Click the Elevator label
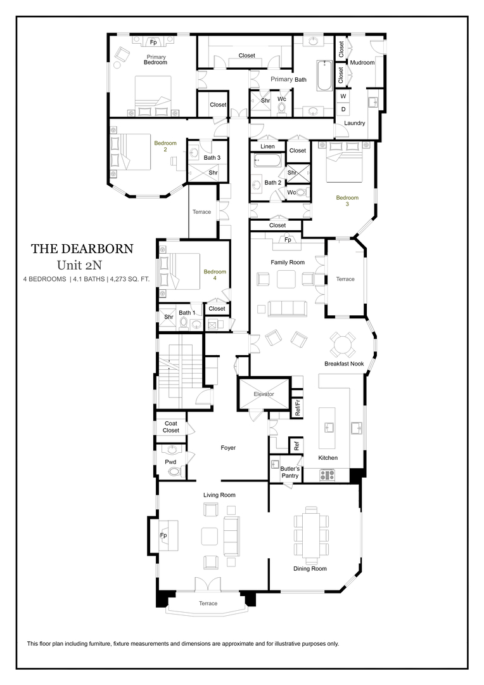264,394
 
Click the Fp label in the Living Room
163,535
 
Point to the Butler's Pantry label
281,471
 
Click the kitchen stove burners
328,473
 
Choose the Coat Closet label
171,427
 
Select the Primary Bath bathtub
324,75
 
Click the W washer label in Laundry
343,96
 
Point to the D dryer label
343,109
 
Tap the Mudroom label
362,62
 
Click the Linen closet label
267,147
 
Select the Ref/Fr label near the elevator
298,407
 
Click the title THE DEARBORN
82,249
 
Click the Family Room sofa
287,308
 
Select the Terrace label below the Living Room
208,603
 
